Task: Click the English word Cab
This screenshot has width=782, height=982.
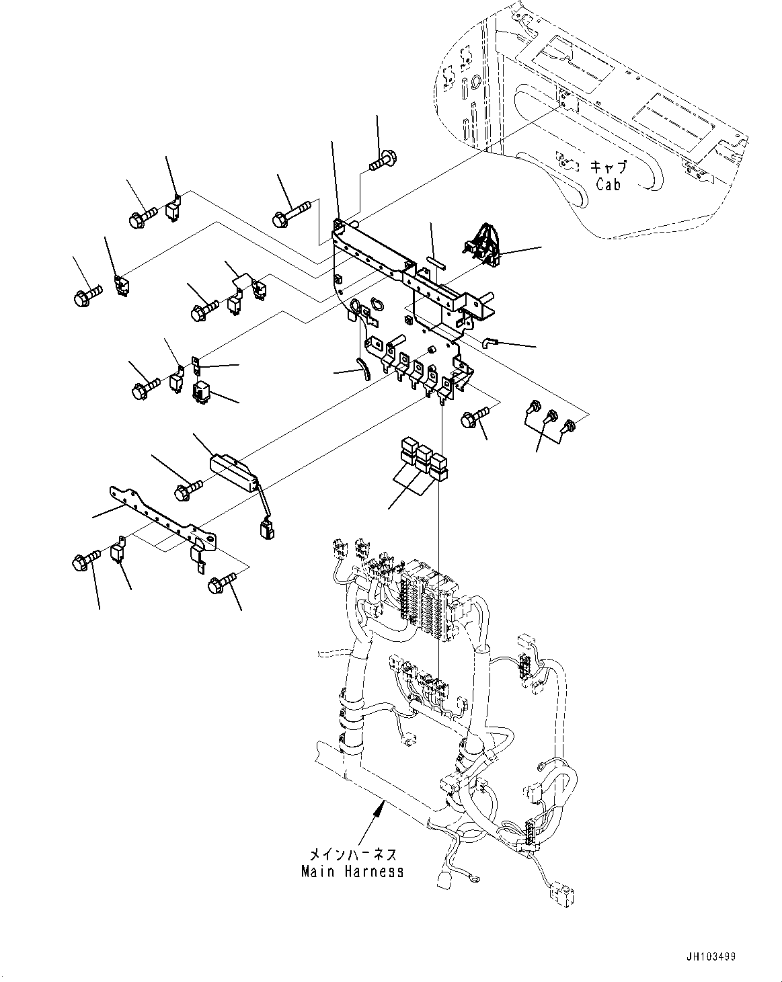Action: [608, 183]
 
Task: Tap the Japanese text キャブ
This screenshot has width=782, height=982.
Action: [608, 167]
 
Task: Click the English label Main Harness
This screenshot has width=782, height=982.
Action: [352, 871]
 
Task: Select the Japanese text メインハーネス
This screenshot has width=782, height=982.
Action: [352, 855]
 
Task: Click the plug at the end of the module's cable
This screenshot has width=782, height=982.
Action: [265, 531]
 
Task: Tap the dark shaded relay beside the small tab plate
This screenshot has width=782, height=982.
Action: [202, 391]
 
